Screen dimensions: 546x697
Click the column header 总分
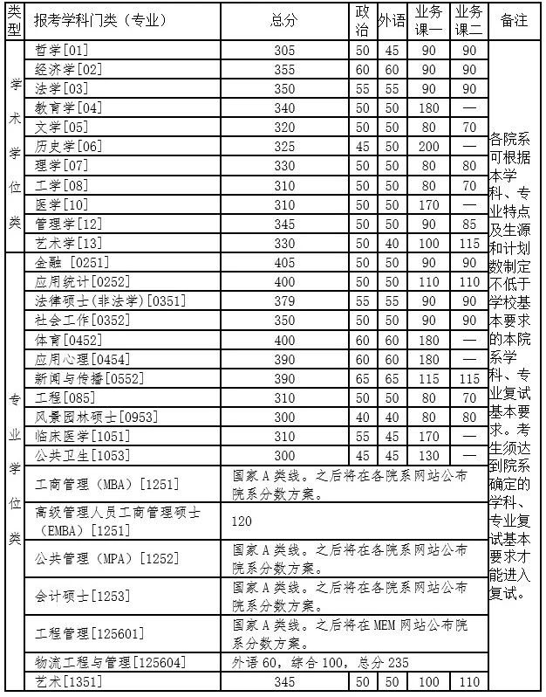click(284, 21)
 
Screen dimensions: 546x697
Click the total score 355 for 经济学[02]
click(284, 70)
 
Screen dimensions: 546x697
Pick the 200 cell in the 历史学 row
click(428, 147)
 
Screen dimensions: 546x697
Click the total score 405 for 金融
click(284, 263)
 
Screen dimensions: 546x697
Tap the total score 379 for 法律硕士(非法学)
click(284, 301)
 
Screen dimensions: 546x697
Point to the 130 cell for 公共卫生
click(428, 455)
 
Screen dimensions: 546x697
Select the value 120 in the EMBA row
click(244, 521)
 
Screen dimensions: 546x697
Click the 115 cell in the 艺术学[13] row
click(469, 243)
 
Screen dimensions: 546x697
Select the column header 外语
click(392, 21)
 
